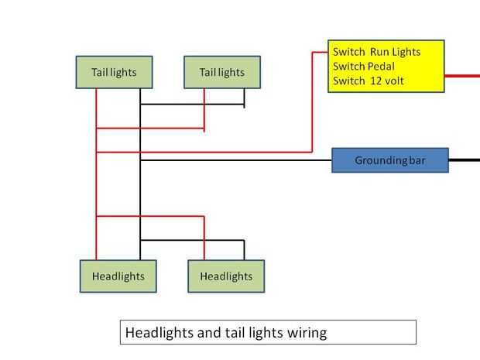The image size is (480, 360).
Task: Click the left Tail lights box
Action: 114,72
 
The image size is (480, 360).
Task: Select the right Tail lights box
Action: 222,72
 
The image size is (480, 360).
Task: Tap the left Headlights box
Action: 118,276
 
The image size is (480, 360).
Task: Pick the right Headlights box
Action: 226,276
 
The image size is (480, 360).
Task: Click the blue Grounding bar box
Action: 390,160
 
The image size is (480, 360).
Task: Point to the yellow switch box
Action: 386,67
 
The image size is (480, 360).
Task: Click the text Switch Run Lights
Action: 376,52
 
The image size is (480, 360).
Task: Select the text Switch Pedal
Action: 364,66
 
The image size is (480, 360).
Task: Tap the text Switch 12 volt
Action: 369,81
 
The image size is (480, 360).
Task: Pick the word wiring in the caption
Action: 307,333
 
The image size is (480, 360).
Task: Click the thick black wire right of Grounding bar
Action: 464,160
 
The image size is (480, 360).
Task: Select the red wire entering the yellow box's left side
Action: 319,52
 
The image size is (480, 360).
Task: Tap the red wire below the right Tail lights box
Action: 204,108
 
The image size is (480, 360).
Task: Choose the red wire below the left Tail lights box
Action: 97,108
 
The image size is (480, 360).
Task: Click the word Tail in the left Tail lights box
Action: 100,72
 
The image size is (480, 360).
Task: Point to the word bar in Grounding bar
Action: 417,160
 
